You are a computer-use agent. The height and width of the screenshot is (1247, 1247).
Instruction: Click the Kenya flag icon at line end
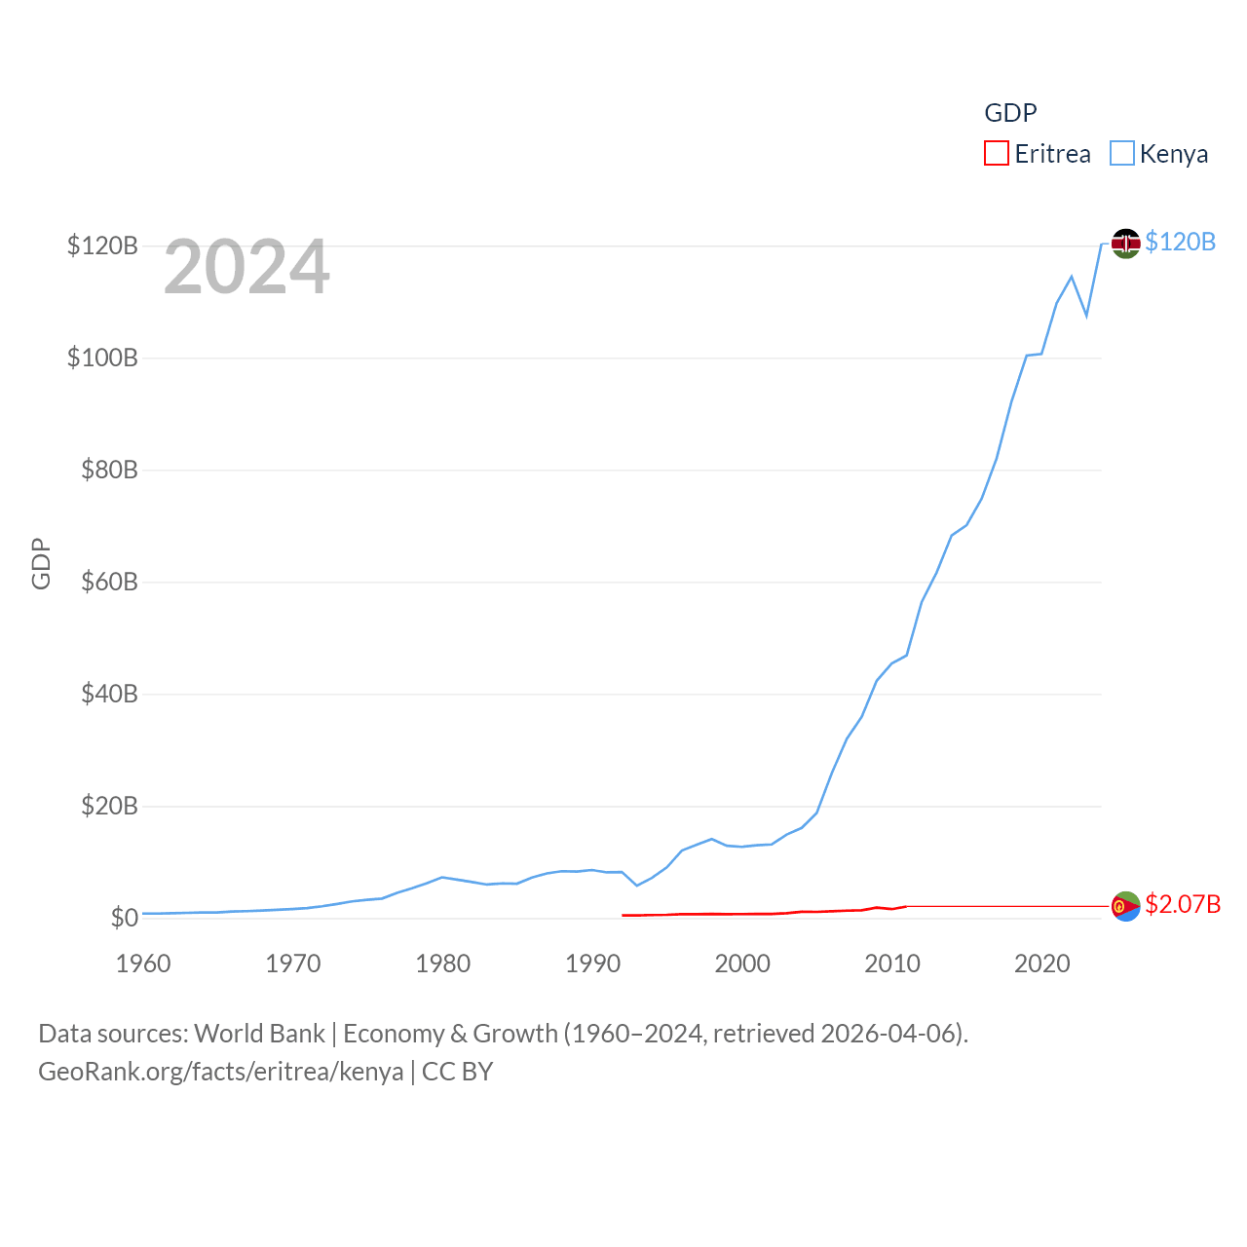[x=1125, y=244]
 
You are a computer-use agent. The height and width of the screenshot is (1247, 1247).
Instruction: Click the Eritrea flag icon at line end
[x=1125, y=906]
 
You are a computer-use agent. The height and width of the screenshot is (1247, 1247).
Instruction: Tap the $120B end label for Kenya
[x=1180, y=242]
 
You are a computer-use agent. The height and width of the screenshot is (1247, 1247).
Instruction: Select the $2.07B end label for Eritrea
[x=1183, y=904]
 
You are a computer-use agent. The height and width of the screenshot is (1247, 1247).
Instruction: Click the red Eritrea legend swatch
[x=996, y=154]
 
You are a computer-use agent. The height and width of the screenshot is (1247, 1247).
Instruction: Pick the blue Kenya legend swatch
[x=1122, y=154]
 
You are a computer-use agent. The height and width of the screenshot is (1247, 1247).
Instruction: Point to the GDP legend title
[x=1010, y=113]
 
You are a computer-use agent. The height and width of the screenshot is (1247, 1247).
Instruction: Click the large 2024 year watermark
[x=246, y=267]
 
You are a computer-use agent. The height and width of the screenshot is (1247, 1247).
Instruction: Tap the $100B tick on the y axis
[x=102, y=358]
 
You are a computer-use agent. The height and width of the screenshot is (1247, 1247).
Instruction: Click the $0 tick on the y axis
[x=124, y=918]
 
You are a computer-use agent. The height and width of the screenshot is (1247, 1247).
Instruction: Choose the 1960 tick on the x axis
[x=143, y=964]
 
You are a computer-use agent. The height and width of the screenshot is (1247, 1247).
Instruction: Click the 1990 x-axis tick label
[x=592, y=964]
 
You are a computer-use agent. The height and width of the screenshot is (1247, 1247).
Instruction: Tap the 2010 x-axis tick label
[x=892, y=964]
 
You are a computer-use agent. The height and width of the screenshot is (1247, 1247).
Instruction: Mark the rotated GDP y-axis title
[x=41, y=563]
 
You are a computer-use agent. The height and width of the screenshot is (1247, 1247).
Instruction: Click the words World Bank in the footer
[x=260, y=1034]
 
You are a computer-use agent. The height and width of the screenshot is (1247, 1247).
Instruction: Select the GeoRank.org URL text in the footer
[x=220, y=1072]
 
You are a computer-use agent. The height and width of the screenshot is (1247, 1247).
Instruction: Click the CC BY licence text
[x=457, y=1072]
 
